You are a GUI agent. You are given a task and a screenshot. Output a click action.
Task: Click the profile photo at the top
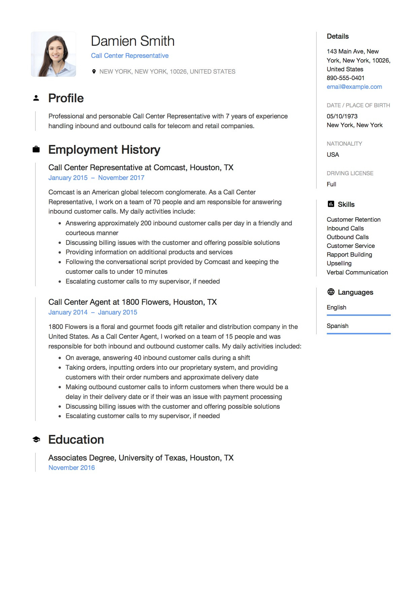click(54, 54)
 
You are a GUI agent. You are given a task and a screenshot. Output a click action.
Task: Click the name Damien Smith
click(133, 41)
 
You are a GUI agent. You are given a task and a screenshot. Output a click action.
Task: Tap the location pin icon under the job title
click(94, 71)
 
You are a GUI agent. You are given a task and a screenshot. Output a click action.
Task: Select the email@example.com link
click(354, 87)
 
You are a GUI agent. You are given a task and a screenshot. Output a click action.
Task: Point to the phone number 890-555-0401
click(345, 78)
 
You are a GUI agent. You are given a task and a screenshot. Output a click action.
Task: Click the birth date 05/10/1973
click(342, 116)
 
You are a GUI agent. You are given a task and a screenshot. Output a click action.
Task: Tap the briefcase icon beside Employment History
click(36, 149)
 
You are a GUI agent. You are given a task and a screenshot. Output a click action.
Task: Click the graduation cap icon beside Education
click(36, 440)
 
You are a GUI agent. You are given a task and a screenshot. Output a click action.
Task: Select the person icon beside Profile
click(36, 98)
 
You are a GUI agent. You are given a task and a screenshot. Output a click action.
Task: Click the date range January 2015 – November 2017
click(96, 178)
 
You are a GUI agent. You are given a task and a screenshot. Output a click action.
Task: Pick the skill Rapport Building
click(349, 255)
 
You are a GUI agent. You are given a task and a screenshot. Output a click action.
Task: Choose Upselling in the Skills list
click(339, 263)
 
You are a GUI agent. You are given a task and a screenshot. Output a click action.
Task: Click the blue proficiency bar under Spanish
click(358, 333)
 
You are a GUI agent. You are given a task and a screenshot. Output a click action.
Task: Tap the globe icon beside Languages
click(331, 292)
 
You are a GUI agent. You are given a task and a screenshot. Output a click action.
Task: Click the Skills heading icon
click(331, 204)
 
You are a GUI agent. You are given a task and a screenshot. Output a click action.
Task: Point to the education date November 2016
click(72, 468)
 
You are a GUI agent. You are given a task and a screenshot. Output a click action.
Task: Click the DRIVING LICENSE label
click(350, 173)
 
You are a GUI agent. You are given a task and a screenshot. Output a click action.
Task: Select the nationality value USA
click(333, 155)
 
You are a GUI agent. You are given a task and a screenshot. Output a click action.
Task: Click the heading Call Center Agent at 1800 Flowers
click(133, 302)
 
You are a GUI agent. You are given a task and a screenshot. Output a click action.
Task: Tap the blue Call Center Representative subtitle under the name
click(130, 56)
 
